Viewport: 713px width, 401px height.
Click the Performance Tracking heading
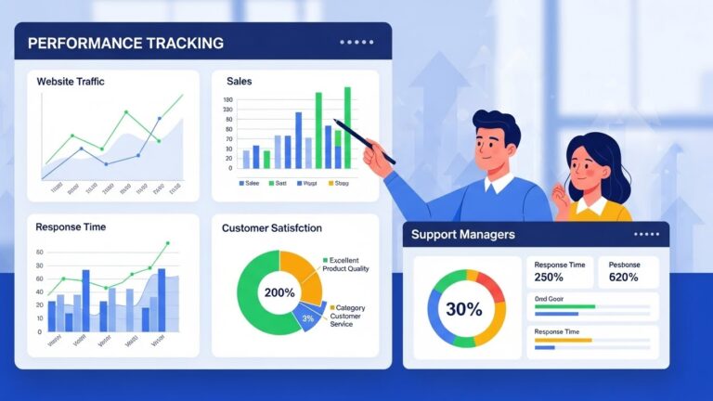pyautogui.click(x=125, y=43)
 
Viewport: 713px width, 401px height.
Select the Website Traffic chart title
pyautogui.click(x=71, y=82)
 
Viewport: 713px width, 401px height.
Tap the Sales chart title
pyautogui.click(x=239, y=82)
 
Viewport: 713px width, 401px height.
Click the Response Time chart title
pyautogui.click(x=71, y=226)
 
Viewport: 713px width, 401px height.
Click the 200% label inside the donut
pyautogui.click(x=279, y=292)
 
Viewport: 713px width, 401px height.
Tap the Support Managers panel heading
pyautogui.click(x=462, y=235)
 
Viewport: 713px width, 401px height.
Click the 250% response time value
pyautogui.click(x=550, y=278)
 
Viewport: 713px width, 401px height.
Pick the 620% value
pyautogui.click(x=623, y=278)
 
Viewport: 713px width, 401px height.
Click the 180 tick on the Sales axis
pyautogui.click(x=228, y=110)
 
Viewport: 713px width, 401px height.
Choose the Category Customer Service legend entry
pyautogui.click(x=348, y=316)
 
